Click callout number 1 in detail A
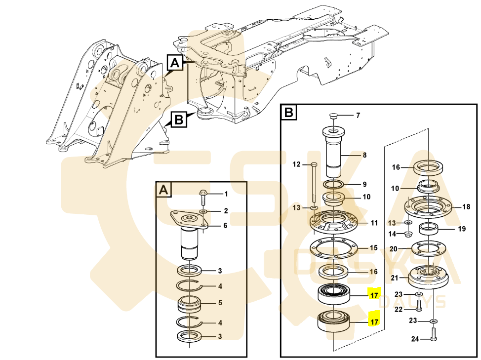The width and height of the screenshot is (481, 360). [x=226, y=194]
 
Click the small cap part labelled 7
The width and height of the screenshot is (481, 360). [x=334, y=116]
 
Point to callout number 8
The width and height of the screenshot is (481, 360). [x=364, y=155]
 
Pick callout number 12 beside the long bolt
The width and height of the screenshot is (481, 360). [x=296, y=164]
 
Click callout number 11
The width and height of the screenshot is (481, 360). [x=374, y=223]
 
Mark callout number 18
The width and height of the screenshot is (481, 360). [x=466, y=207]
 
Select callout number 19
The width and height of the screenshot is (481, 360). [x=462, y=229]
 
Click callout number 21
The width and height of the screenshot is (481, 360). [x=395, y=278]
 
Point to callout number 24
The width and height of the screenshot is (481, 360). [x=415, y=339]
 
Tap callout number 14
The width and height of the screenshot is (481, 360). [x=393, y=234]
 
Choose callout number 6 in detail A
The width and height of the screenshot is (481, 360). [x=225, y=226]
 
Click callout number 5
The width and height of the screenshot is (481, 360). [x=220, y=303]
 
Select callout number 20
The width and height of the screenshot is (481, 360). [x=394, y=248]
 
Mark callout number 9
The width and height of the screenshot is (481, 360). [x=364, y=184]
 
